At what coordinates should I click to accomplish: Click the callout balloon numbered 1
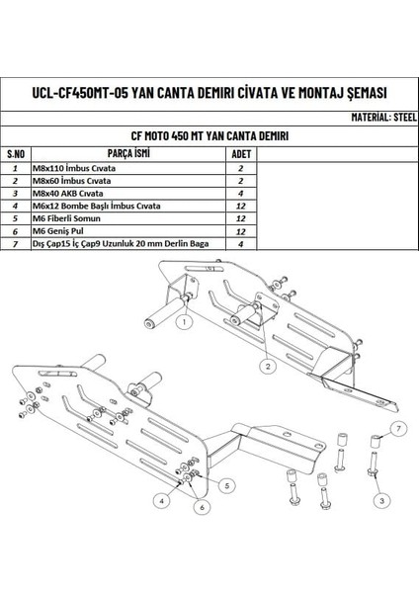point(183,319)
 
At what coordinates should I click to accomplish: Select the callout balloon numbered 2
point(267,365)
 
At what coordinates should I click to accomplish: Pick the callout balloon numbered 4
point(161,501)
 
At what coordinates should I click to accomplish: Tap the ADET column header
point(240,155)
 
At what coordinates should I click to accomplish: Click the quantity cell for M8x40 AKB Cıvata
point(240,196)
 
